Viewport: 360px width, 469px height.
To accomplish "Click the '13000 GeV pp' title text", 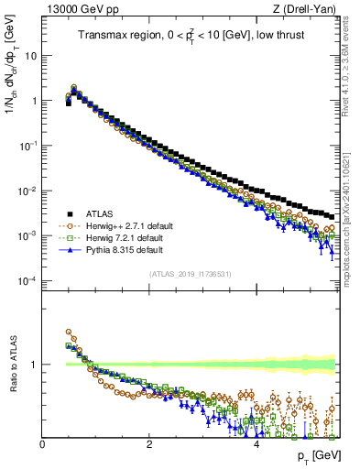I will (77, 9).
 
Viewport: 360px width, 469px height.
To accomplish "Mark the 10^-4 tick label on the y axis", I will (28, 280).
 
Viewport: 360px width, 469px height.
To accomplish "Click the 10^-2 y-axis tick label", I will (28, 191).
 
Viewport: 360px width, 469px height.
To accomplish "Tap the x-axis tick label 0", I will (42, 444).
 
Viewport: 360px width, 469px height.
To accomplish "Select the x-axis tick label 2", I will (149, 444).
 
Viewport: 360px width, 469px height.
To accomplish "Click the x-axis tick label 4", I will (256, 444).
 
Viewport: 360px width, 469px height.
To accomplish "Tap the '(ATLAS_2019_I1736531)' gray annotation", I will (191, 274).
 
